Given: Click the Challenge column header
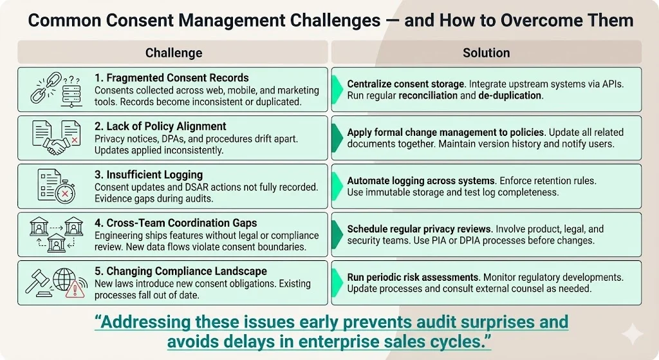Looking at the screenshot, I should point(173,53).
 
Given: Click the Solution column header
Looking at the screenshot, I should point(486,53).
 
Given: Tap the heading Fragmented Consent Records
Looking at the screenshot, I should point(171,78).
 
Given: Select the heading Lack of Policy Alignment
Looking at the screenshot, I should point(160,126).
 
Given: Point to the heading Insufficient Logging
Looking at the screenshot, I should point(149,175).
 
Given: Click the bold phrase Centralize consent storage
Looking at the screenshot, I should point(405,84).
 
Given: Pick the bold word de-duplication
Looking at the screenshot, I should point(510,95).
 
